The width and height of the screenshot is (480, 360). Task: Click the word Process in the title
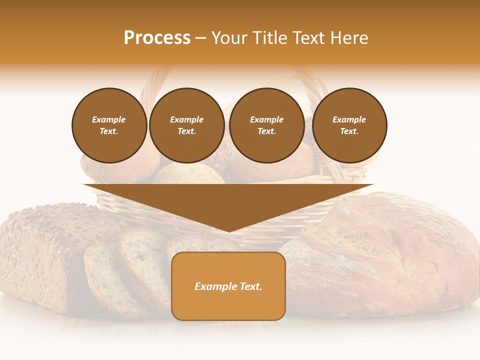[157, 38]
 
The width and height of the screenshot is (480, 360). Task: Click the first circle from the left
[109, 125]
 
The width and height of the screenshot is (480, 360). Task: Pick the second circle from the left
[186, 125]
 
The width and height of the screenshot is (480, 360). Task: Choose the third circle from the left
[266, 125]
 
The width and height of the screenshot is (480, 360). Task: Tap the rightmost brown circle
[349, 125]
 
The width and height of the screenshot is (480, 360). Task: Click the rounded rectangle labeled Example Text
[228, 286]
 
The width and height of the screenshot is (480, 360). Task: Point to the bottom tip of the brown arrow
[229, 231]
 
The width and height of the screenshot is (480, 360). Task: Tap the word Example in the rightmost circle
[349, 119]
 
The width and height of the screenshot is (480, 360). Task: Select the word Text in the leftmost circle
[108, 131]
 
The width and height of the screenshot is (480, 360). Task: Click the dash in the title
[200, 38]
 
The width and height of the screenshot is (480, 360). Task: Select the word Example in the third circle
[266, 119]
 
